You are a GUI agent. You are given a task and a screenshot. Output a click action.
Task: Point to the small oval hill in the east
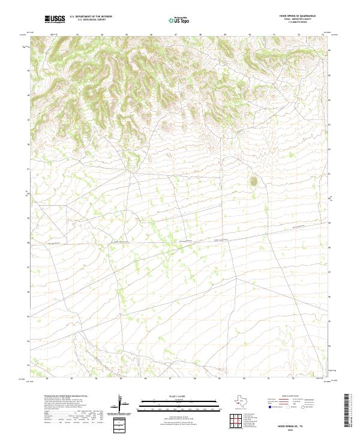point(253,180)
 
